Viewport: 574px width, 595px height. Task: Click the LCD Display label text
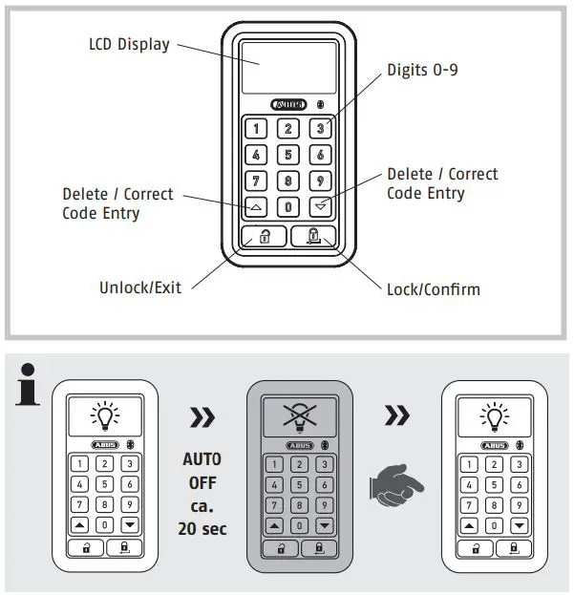click(128, 44)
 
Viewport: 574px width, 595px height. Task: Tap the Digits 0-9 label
click(422, 71)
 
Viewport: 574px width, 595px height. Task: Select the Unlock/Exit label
click(140, 287)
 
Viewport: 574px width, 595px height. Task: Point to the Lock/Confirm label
click(433, 288)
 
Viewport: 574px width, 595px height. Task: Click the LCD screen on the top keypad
click(288, 66)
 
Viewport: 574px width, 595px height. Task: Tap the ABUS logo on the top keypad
click(288, 104)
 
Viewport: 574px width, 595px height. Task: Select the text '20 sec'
click(202, 528)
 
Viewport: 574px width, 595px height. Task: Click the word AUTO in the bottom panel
click(202, 459)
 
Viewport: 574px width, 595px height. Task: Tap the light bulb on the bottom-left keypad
click(103, 415)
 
